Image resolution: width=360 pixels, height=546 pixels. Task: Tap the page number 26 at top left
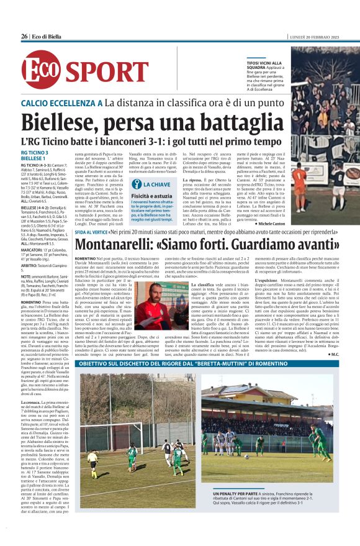pos(24,37)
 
